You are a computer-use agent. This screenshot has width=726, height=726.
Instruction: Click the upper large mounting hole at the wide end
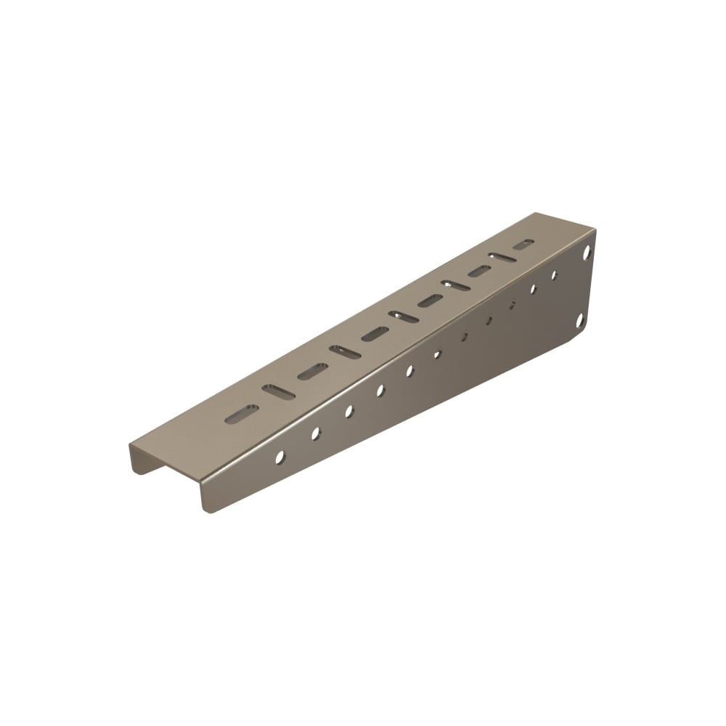click(587, 253)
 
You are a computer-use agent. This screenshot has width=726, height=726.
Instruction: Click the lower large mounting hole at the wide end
click(580, 320)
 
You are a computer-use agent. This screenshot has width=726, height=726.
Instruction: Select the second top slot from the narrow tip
click(278, 392)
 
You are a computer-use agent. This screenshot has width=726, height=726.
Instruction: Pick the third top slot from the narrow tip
click(312, 372)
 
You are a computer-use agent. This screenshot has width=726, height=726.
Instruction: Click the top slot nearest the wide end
click(523, 245)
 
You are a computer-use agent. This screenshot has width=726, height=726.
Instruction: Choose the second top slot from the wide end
click(502, 258)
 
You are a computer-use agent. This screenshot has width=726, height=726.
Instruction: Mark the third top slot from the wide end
click(479, 272)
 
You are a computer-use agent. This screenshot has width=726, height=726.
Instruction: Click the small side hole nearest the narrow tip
click(280, 457)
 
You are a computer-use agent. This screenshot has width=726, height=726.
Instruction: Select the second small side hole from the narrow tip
click(316, 433)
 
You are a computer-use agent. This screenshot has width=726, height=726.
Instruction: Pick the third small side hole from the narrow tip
click(349, 412)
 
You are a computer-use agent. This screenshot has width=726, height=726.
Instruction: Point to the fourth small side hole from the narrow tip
click(380, 391)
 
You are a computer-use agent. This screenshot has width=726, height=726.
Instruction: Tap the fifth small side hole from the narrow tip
click(409, 371)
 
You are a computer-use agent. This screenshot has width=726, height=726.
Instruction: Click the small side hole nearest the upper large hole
click(554, 275)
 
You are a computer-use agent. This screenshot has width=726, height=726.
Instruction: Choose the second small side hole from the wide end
click(532, 289)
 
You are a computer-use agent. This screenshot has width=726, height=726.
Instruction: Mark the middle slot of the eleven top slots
click(403, 317)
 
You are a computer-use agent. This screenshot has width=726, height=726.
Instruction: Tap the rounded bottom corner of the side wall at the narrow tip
click(208, 507)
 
